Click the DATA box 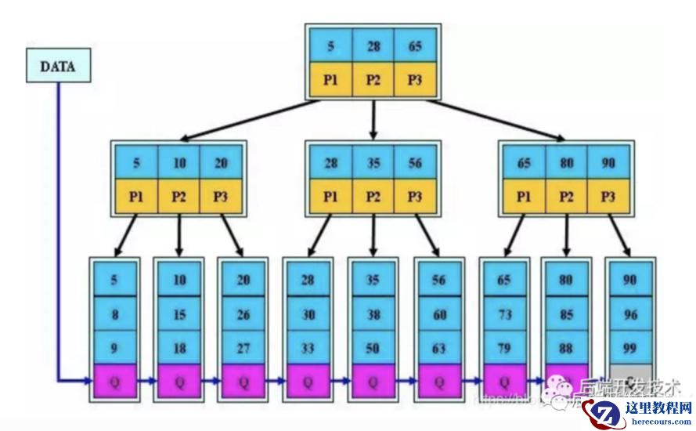click(59, 66)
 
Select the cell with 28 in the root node click(373, 46)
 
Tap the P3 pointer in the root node click(414, 81)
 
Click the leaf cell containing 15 click(179, 314)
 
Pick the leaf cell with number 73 click(504, 314)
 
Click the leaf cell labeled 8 click(115, 314)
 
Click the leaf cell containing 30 click(308, 314)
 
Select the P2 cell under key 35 click(373, 196)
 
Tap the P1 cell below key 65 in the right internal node click(524, 196)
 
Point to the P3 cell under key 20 click(221, 196)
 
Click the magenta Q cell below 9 click(115, 382)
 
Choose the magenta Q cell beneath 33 click(308, 382)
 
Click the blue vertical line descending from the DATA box click(58, 227)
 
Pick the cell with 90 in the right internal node click(608, 162)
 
